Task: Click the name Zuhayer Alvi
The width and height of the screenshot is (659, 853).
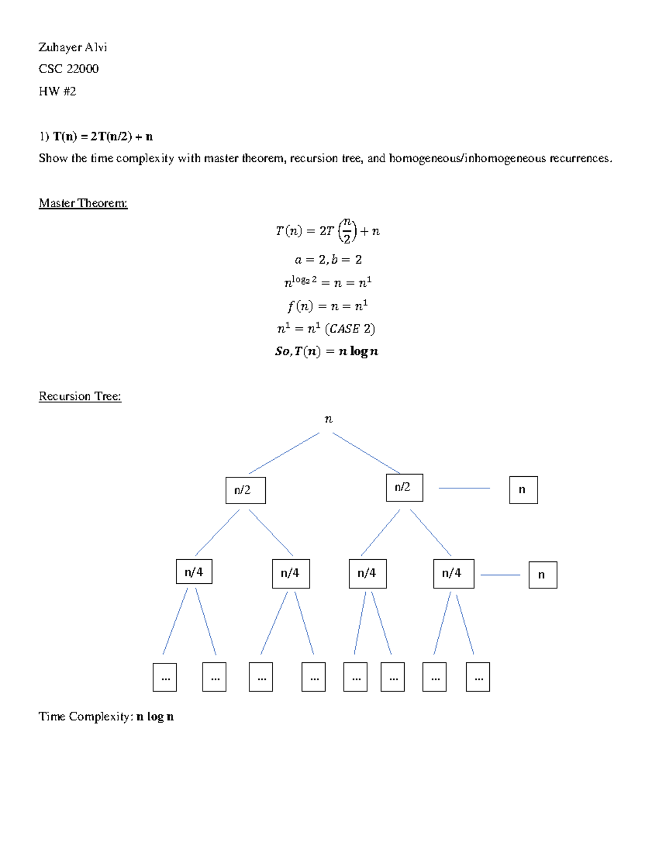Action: pos(72,47)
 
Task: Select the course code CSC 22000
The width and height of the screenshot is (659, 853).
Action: pos(69,69)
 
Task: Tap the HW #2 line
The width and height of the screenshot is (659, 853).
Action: pos(57,91)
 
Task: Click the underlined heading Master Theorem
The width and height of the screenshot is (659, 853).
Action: pos(83,203)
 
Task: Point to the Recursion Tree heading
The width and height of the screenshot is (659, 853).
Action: pos(80,396)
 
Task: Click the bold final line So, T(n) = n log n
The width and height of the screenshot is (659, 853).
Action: pos(327,352)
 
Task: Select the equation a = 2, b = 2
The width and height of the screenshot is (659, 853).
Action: pos(328,260)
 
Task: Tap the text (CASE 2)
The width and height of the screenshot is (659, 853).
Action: pos(350,328)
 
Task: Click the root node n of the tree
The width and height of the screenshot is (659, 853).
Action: pos(328,420)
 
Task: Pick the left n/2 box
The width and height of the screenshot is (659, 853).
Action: pos(245,490)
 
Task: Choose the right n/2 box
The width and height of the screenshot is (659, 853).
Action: pos(404,487)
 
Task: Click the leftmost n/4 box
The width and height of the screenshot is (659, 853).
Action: pos(194,572)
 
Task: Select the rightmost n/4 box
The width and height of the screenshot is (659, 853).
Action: pos(454,573)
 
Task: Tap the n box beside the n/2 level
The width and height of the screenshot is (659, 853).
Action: pos(523,490)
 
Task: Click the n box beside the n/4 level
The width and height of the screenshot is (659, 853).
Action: pos(543,575)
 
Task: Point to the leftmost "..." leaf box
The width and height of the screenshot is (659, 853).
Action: pos(165,677)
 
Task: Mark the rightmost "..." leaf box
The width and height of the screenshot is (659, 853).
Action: pos(478,677)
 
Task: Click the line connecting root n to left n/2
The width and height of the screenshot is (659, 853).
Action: pos(284,453)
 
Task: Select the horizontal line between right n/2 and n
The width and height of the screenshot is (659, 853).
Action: pos(464,488)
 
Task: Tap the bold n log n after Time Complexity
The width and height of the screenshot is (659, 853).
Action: pos(155,716)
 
